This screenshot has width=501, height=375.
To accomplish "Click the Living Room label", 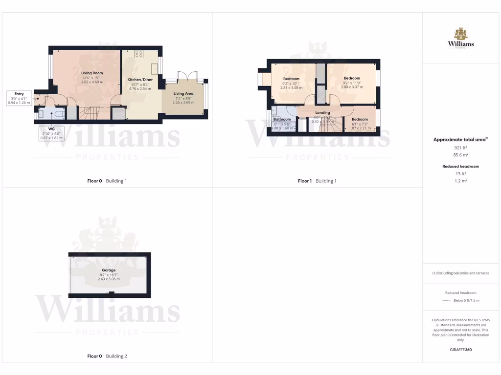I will (x=91, y=73).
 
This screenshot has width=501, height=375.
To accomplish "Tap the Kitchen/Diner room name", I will (x=138, y=79).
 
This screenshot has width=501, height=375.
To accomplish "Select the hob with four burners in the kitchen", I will (x=138, y=54).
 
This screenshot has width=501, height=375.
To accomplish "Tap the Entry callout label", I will (x=19, y=94).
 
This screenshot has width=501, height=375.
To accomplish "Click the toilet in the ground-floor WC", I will (x=59, y=114).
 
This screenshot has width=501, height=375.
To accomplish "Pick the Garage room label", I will (x=109, y=270).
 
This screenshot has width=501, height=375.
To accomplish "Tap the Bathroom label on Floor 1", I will (x=282, y=119).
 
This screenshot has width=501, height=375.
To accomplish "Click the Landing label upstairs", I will (x=322, y=113).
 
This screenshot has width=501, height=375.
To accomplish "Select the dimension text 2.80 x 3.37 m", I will (x=352, y=87).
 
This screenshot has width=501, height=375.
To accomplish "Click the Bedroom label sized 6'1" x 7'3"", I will (x=360, y=120).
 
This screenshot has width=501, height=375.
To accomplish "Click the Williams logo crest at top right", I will (x=460, y=34).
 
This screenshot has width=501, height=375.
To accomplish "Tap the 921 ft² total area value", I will (x=460, y=147).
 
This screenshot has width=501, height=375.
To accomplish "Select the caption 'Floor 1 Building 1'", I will (x=317, y=181).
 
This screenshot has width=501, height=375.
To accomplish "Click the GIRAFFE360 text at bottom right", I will (x=460, y=350).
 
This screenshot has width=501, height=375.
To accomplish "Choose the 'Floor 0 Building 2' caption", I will (x=107, y=356).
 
